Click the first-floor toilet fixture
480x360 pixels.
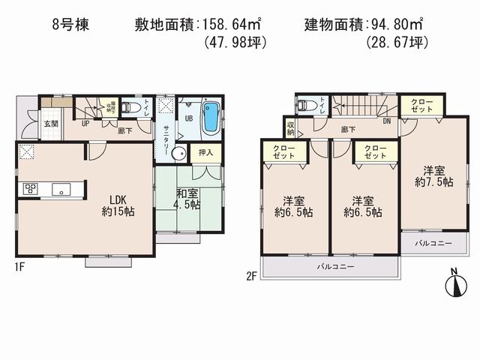click(x=130, y=107)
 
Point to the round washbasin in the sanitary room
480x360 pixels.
click(x=178, y=154)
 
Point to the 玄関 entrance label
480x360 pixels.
click(x=50, y=124)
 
